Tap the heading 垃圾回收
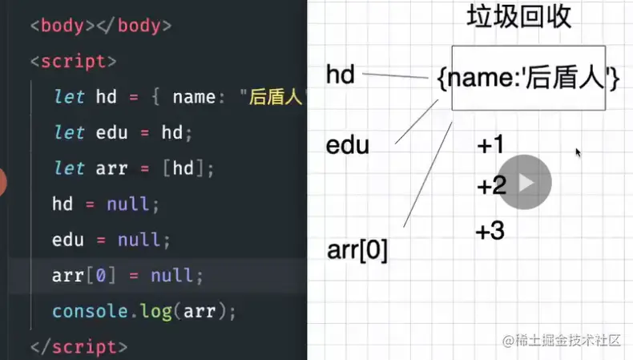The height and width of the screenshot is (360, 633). click(x=518, y=17)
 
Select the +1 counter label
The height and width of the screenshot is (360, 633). click(x=490, y=145)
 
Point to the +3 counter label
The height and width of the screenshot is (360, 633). click(x=490, y=232)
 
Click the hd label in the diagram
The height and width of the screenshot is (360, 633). click(x=341, y=75)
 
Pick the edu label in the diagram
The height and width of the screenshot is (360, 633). click(x=347, y=146)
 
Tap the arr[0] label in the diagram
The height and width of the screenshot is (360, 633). click(x=357, y=250)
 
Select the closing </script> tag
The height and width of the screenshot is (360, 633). click(x=78, y=346)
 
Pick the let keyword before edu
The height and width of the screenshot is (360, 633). click(x=69, y=132)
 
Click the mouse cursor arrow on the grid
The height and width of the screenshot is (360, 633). click(x=578, y=152)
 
